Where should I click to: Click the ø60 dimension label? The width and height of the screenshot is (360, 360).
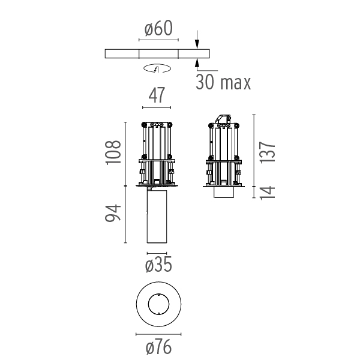point(158,29)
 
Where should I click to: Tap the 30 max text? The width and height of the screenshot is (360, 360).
point(223,82)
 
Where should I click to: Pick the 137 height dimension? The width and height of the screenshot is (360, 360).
point(268,153)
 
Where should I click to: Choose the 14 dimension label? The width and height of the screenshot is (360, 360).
point(268,192)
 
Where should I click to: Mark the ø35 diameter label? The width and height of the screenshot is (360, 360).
point(158,265)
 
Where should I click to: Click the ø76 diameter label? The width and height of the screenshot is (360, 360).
point(158,347)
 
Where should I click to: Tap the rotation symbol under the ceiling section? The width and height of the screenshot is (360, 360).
point(157,68)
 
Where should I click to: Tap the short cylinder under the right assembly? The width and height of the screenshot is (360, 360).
point(224,193)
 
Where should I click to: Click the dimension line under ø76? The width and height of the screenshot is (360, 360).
point(158,334)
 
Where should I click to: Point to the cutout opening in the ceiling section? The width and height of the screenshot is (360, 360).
point(158,53)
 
